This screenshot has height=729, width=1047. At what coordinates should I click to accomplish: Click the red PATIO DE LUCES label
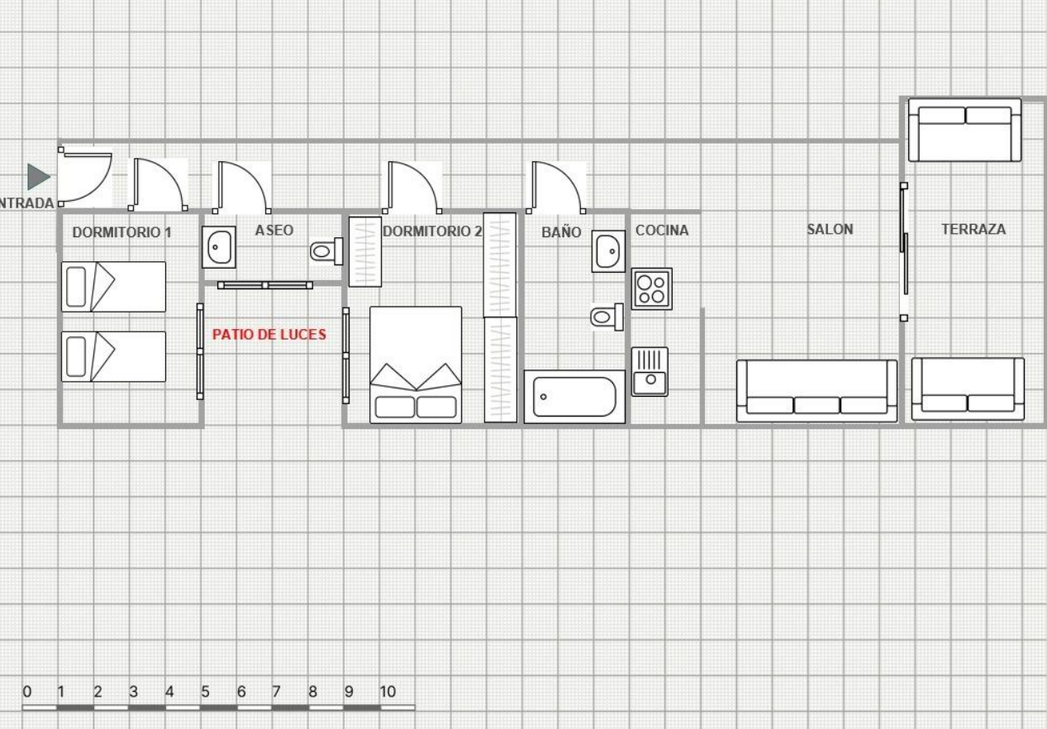(269, 335)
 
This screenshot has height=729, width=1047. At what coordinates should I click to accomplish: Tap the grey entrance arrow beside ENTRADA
(38, 177)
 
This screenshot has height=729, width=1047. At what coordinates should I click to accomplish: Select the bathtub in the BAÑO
(574, 397)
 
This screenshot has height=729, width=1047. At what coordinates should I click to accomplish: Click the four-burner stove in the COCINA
(651, 289)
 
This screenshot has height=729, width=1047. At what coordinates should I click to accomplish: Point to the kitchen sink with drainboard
(650, 372)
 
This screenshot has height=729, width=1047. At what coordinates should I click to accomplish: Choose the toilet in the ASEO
(326, 251)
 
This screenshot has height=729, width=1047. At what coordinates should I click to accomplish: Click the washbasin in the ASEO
(219, 247)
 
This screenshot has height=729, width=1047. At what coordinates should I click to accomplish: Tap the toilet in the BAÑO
(607, 317)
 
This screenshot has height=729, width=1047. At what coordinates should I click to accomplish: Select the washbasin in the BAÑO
(608, 251)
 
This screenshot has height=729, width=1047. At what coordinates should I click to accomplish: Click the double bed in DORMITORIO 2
(416, 364)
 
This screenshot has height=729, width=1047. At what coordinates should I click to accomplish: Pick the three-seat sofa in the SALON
(816, 391)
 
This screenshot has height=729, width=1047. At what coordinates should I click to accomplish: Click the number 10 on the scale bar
(388, 692)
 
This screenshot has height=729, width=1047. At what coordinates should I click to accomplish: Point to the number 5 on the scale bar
(205, 692)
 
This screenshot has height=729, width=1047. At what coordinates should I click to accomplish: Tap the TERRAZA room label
(973, 229)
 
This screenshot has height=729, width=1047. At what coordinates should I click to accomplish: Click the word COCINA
(662, 230)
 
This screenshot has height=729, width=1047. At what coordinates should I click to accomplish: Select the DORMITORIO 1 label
(122, 232)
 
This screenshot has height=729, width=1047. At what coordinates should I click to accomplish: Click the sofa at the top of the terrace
(964, 130)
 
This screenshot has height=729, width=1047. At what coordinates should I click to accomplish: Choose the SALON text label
(830, 229)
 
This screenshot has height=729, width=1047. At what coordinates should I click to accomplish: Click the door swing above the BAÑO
(556, 188)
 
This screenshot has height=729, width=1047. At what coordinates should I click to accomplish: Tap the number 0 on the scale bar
(27, 692)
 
